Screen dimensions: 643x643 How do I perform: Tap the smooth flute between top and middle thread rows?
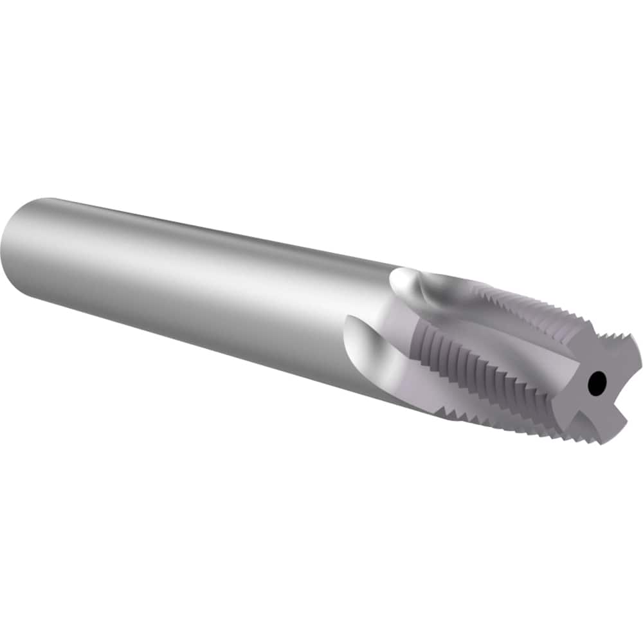508,334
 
